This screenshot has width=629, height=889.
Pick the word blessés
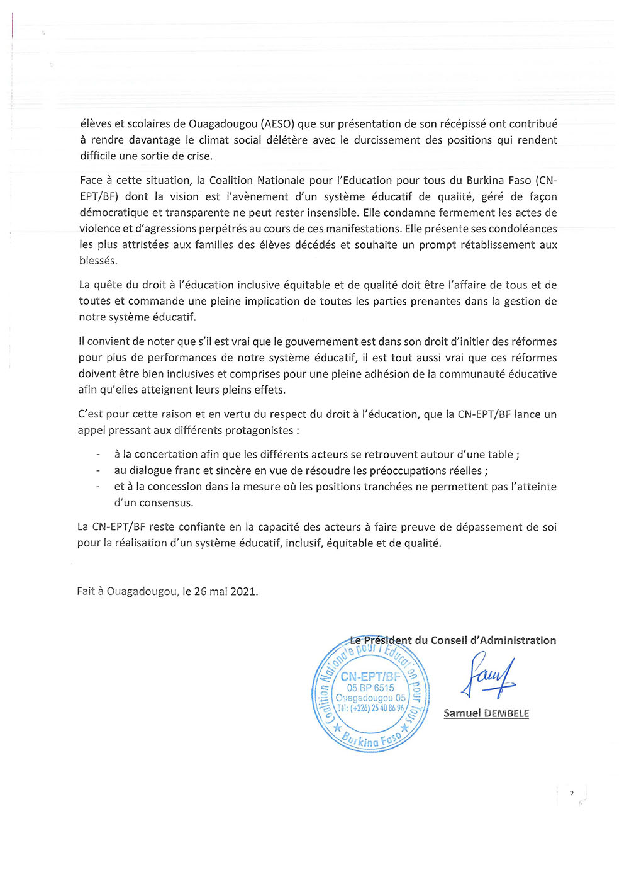coord(97,261)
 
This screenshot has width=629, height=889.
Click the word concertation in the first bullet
coord(166,455)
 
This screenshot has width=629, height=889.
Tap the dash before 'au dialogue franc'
coord(98,471)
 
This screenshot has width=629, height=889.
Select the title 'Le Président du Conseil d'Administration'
coord(453,640)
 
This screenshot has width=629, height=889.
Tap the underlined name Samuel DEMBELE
coord(486,713)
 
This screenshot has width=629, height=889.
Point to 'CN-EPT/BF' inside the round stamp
coord(370,677)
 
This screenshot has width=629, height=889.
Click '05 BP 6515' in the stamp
coord(370,688)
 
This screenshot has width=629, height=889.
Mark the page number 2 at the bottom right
coord(571,794)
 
